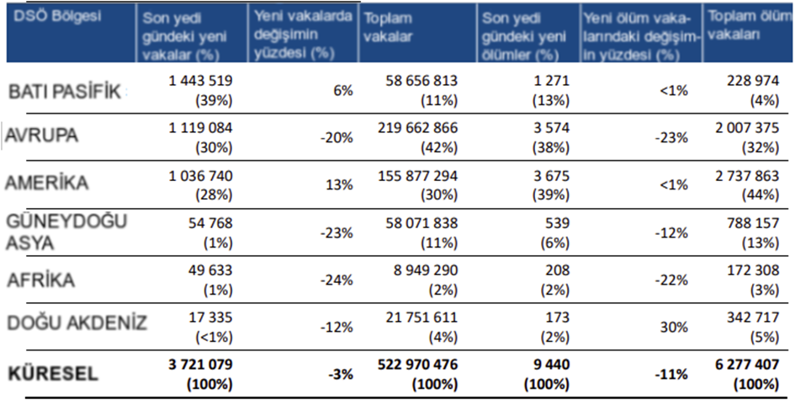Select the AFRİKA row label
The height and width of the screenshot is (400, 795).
pyautogui.click(x=43, y=280)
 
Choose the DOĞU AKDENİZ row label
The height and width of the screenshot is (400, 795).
pyautogui.click(x=76, y=323)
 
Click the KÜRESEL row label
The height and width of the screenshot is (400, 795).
pyautogui.click(x=53, y=373)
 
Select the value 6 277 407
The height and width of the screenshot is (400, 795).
pyautogui.click(x=743, y=366)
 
